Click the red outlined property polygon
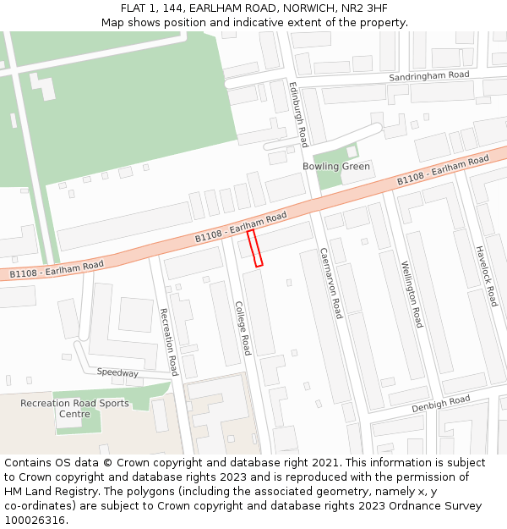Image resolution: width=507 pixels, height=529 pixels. click(x=254, y=248)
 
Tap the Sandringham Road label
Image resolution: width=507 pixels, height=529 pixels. click(x=428, y=75)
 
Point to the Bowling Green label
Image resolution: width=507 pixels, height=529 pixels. click(x=336, y=166)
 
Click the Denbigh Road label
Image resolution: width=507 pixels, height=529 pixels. click(x=440, y=405)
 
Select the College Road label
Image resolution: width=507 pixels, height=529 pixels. click(x=243, y=328)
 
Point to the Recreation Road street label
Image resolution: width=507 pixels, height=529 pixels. click(x=169, y=342)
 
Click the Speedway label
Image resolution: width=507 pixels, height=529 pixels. click(x=117, y=372)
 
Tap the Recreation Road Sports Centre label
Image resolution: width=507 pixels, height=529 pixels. click(x=75, y=409)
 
